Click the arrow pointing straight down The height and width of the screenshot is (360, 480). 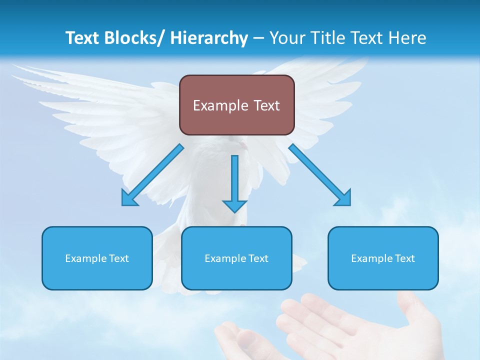tap(234, 182)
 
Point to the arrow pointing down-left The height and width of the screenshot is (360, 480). tap(152, 175)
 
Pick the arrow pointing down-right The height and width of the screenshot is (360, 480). tap(320, 175)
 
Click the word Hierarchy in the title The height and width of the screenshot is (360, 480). tap(209, 38)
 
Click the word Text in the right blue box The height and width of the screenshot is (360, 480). tap(404, 258)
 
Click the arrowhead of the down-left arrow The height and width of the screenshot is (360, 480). tap(128, 198)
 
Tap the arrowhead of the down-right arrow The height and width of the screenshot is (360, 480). tap(343, 198)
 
